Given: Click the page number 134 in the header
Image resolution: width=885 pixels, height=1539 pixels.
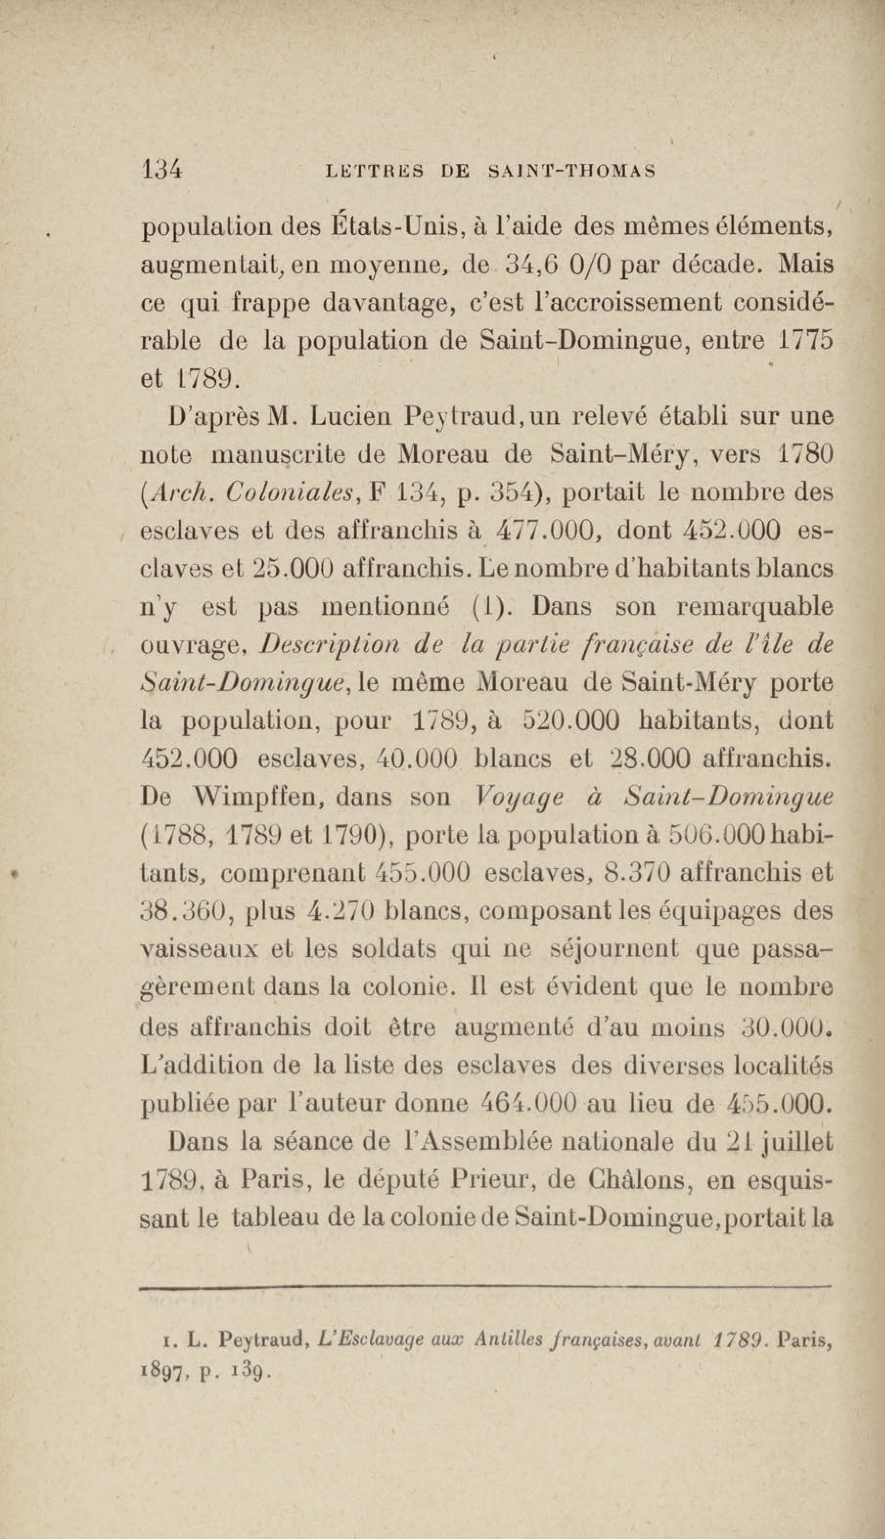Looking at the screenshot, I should click(161, 170).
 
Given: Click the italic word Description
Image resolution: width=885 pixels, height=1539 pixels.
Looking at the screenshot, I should click(329, 645).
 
